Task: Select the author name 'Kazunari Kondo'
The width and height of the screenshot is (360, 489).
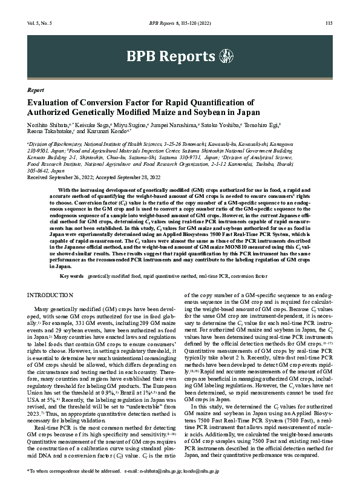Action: pyautogui.click(x=107, y=132)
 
